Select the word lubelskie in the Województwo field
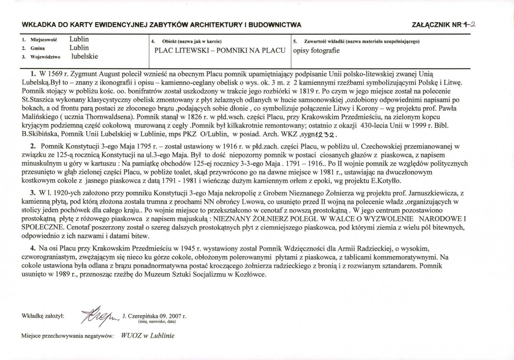85,56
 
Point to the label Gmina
35,48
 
